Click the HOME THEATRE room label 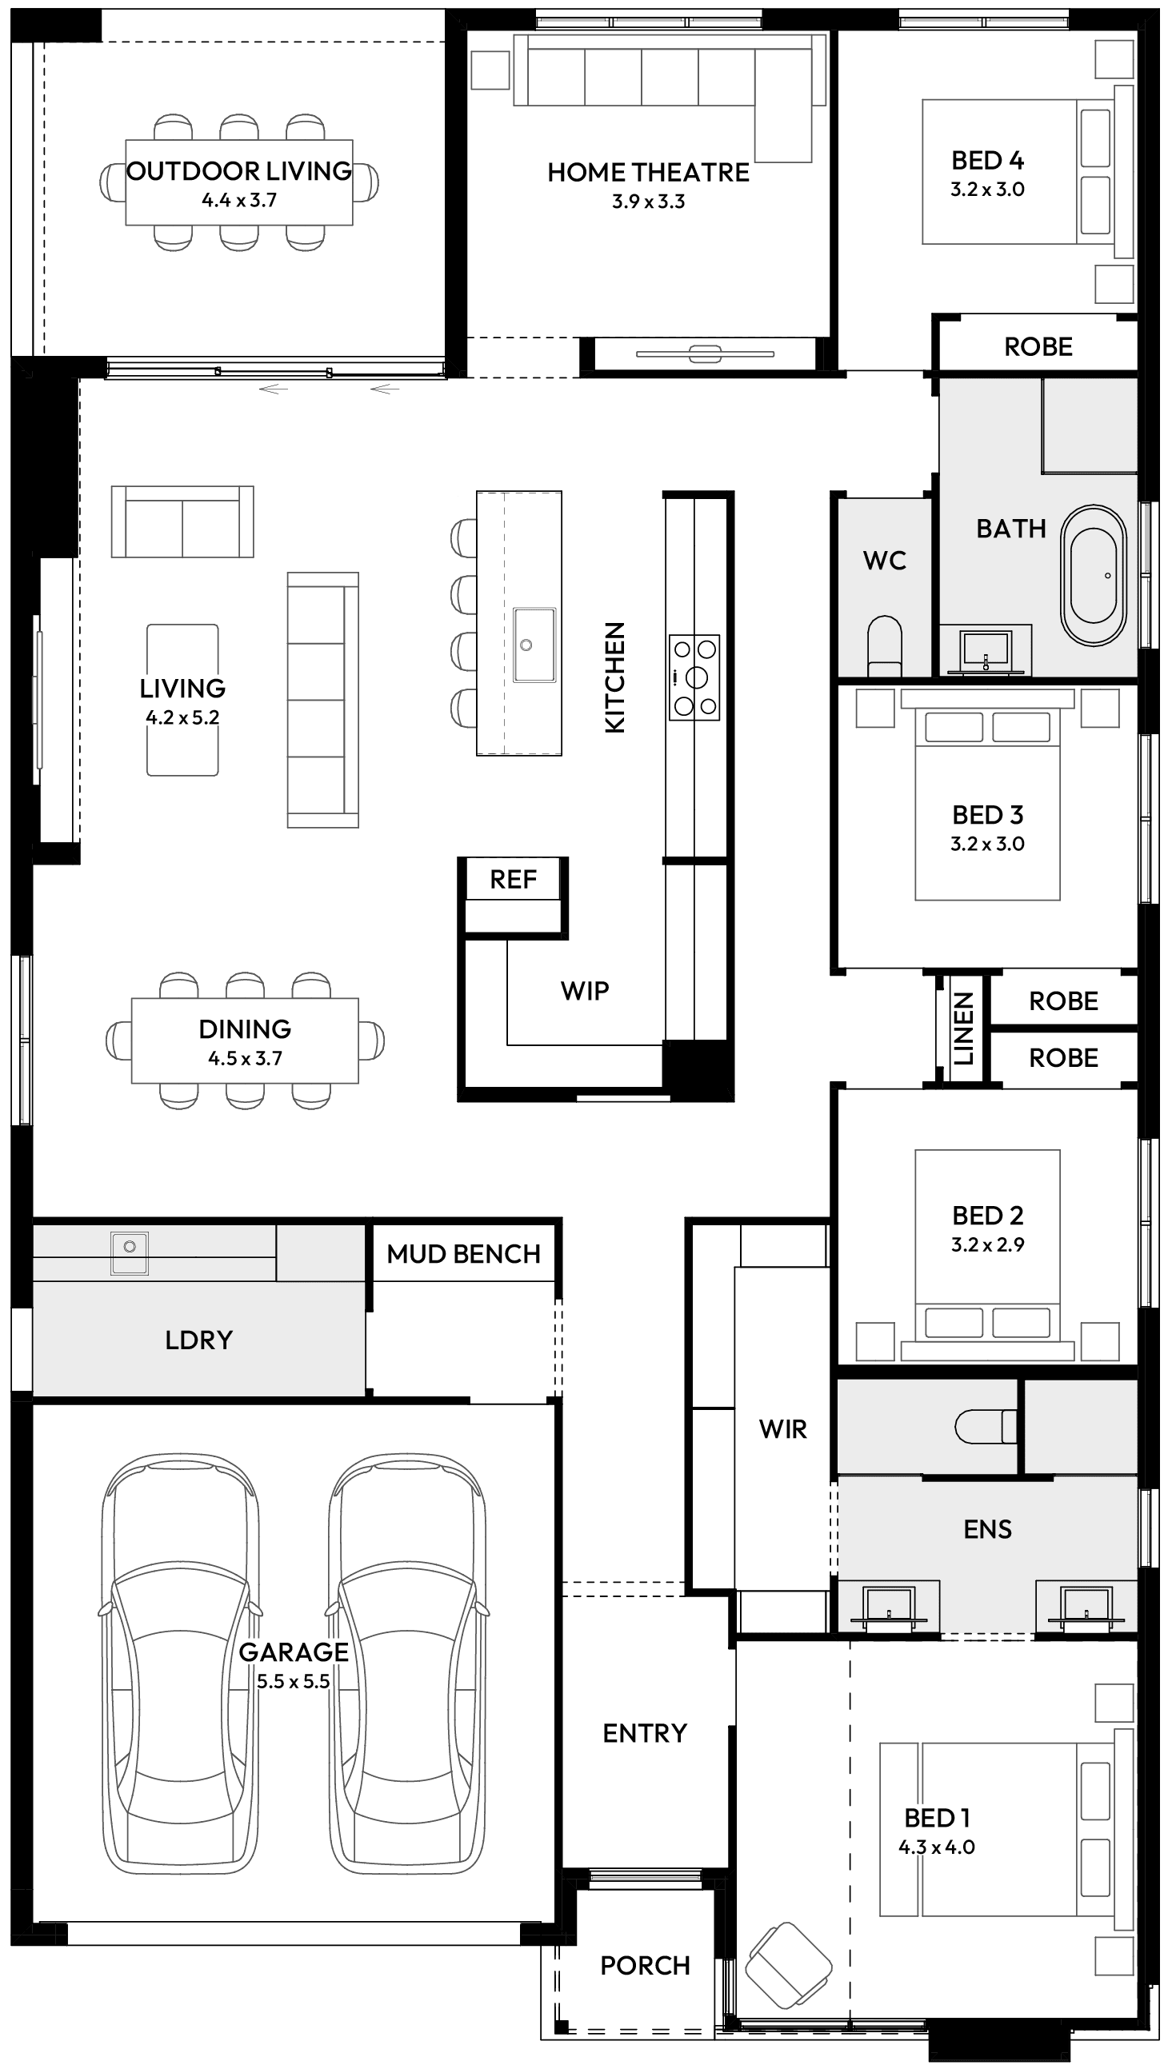click(648, 172)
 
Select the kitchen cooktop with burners click(694, 677)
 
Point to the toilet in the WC click(884, 645)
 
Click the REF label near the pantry click(513, 879)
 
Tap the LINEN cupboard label click(962, 1029)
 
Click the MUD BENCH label click(463, 1253)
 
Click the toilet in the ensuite click(985, 1426)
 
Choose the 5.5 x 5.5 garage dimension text click(293, 1681)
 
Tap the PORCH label click(645, 1964)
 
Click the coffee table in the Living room click(182, 699)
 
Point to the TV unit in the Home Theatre click(704, 353)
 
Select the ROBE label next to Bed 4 click(1038, 347)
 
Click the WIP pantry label click(584, 991)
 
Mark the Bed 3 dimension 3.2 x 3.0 click(987, 844)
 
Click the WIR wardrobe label click(782, 1428)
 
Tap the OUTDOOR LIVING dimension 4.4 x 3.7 click(239, 201)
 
